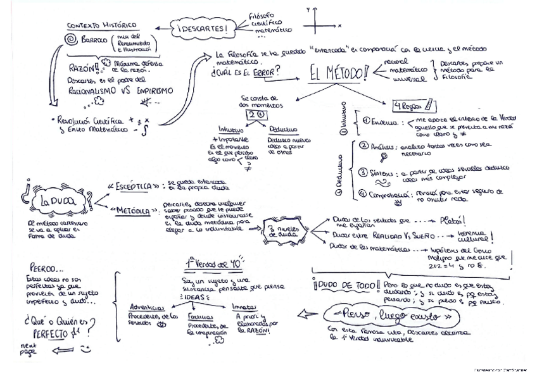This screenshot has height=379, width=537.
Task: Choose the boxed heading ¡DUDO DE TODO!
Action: pos(346,286)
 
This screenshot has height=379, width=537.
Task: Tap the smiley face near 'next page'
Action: pos(86,349)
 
